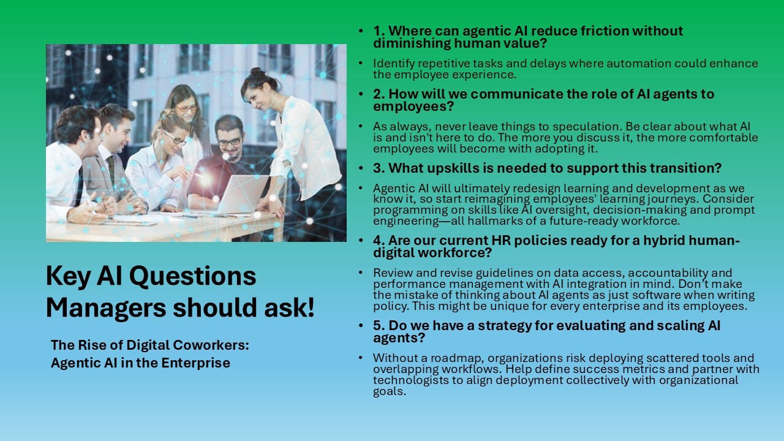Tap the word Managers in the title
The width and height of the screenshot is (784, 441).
click(106, 307)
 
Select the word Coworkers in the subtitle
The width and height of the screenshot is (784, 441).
click(211, 345)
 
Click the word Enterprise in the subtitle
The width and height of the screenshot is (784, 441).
click(195, 363)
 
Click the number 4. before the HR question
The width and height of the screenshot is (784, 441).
click(379, 241)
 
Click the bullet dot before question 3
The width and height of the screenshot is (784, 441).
click(361, 168)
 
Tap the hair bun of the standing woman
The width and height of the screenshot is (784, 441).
click(258, 72)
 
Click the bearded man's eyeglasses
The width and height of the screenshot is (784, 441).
click(230, 141)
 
